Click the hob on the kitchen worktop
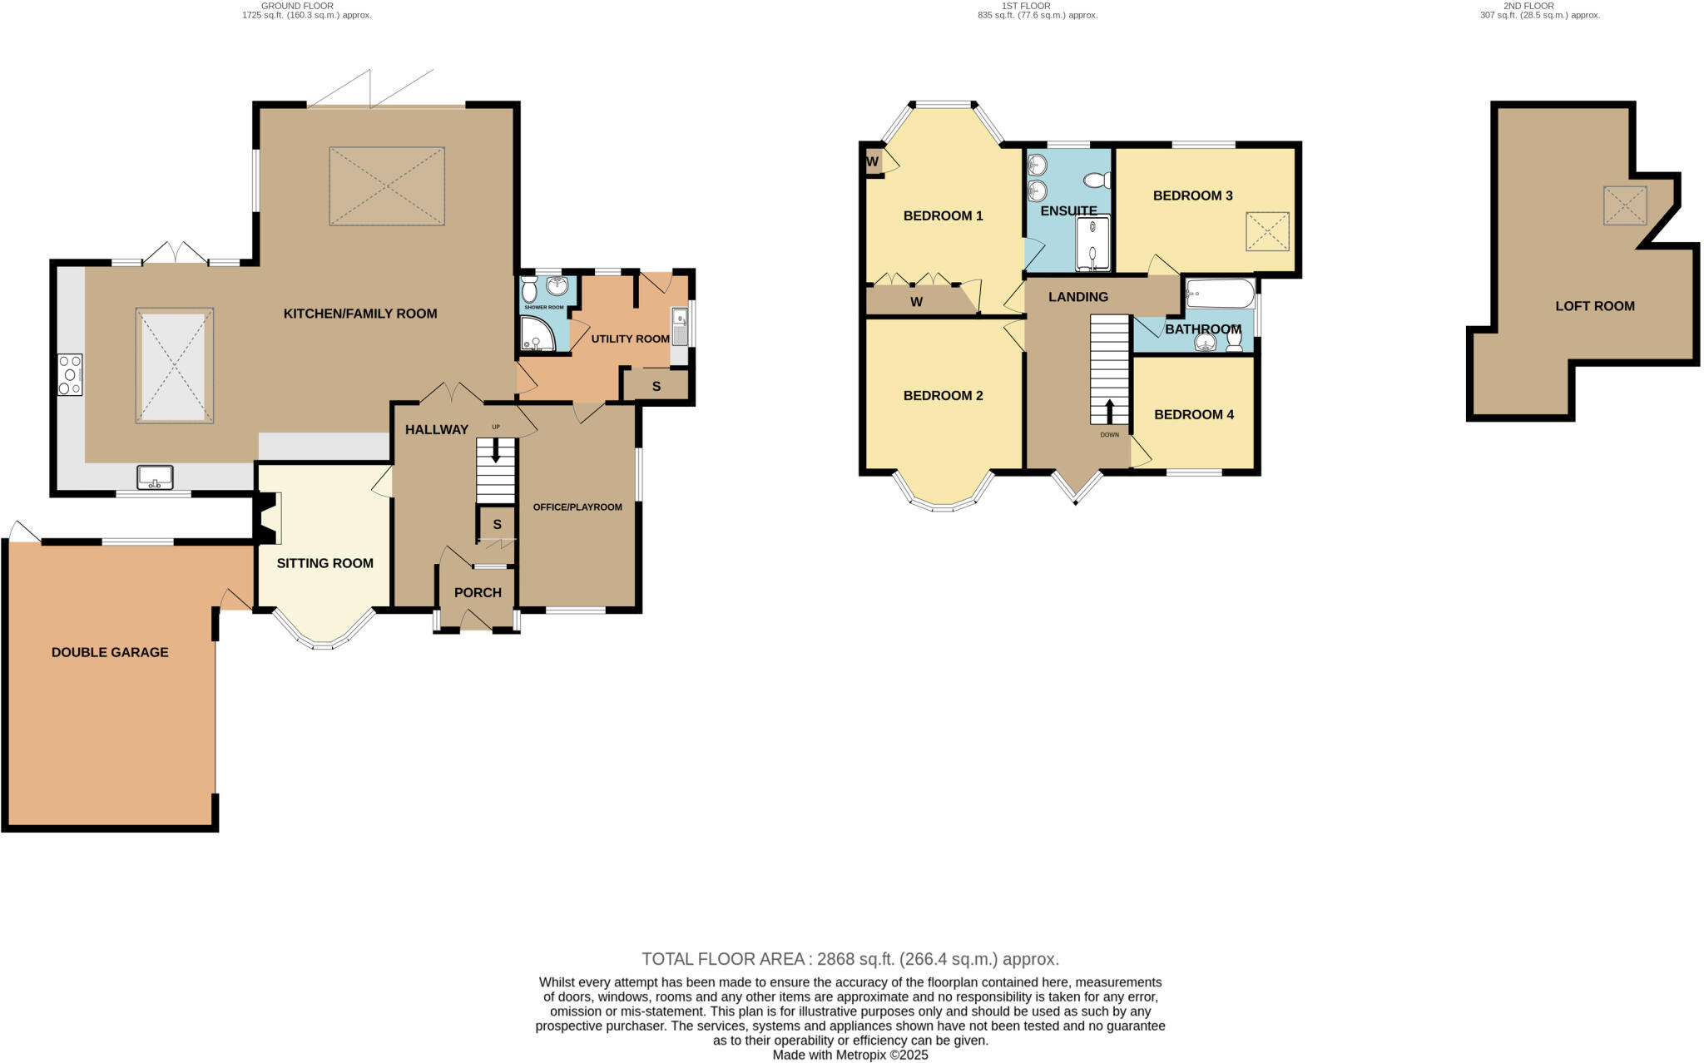(x=70, y=374)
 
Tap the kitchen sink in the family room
(x=155, y=477)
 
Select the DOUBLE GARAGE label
(x=110, y=652)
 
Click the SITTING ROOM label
(x=324, y=563)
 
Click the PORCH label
(x=478, y=592)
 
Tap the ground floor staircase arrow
(x=496, y=452)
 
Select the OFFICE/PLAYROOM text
(x=577, y=507)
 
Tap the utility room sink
(x=679, y=327)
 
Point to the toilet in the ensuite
(x=1097, y=180)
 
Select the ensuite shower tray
(x=1092, y=244)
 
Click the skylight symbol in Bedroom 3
(x=1267, y=231)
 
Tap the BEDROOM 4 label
(x=1193, y=414)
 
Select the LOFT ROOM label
(x=1594, y=306)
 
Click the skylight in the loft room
(x=1625, y=205)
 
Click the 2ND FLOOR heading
(x=1528, y=6)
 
